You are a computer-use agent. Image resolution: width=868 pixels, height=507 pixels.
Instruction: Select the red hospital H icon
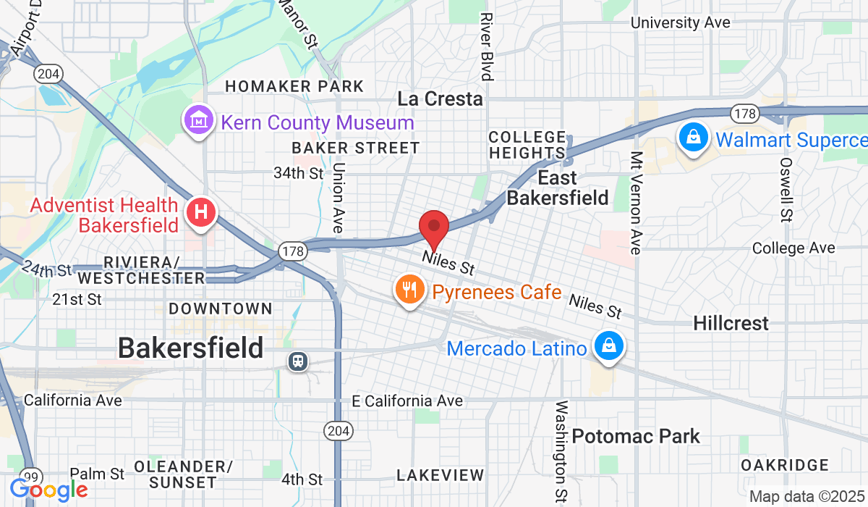pyautogui.click(x=202, y=213)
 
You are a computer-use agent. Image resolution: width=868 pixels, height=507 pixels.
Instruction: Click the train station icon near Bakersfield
pyautogui.click(x=297, y=360)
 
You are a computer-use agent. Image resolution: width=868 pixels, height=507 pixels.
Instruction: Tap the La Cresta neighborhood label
pyautogui.click(x=440, y=99)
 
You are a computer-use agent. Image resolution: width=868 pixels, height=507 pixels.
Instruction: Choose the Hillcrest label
pyautogui.click(x=731, y=323)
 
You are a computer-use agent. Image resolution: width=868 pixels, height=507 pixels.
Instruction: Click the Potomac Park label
pyautogui.click(x=636, y=436)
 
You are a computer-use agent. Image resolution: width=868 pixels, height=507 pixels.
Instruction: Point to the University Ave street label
pyautogui.click(x=680, y=22)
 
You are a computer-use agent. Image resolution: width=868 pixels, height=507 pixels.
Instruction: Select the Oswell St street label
pyautogui.click(x=786, y=189)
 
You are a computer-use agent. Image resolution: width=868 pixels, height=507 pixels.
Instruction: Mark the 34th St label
pyautogui.click(x=299, y=174)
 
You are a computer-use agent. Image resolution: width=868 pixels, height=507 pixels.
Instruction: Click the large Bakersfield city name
pyautogui.click(x=190, y=348)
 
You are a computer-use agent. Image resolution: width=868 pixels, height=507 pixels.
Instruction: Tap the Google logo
pyautogui.click(x=49, y=491)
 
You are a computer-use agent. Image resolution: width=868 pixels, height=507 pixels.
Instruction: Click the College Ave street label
pyautogui.click(x=793, y=248)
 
